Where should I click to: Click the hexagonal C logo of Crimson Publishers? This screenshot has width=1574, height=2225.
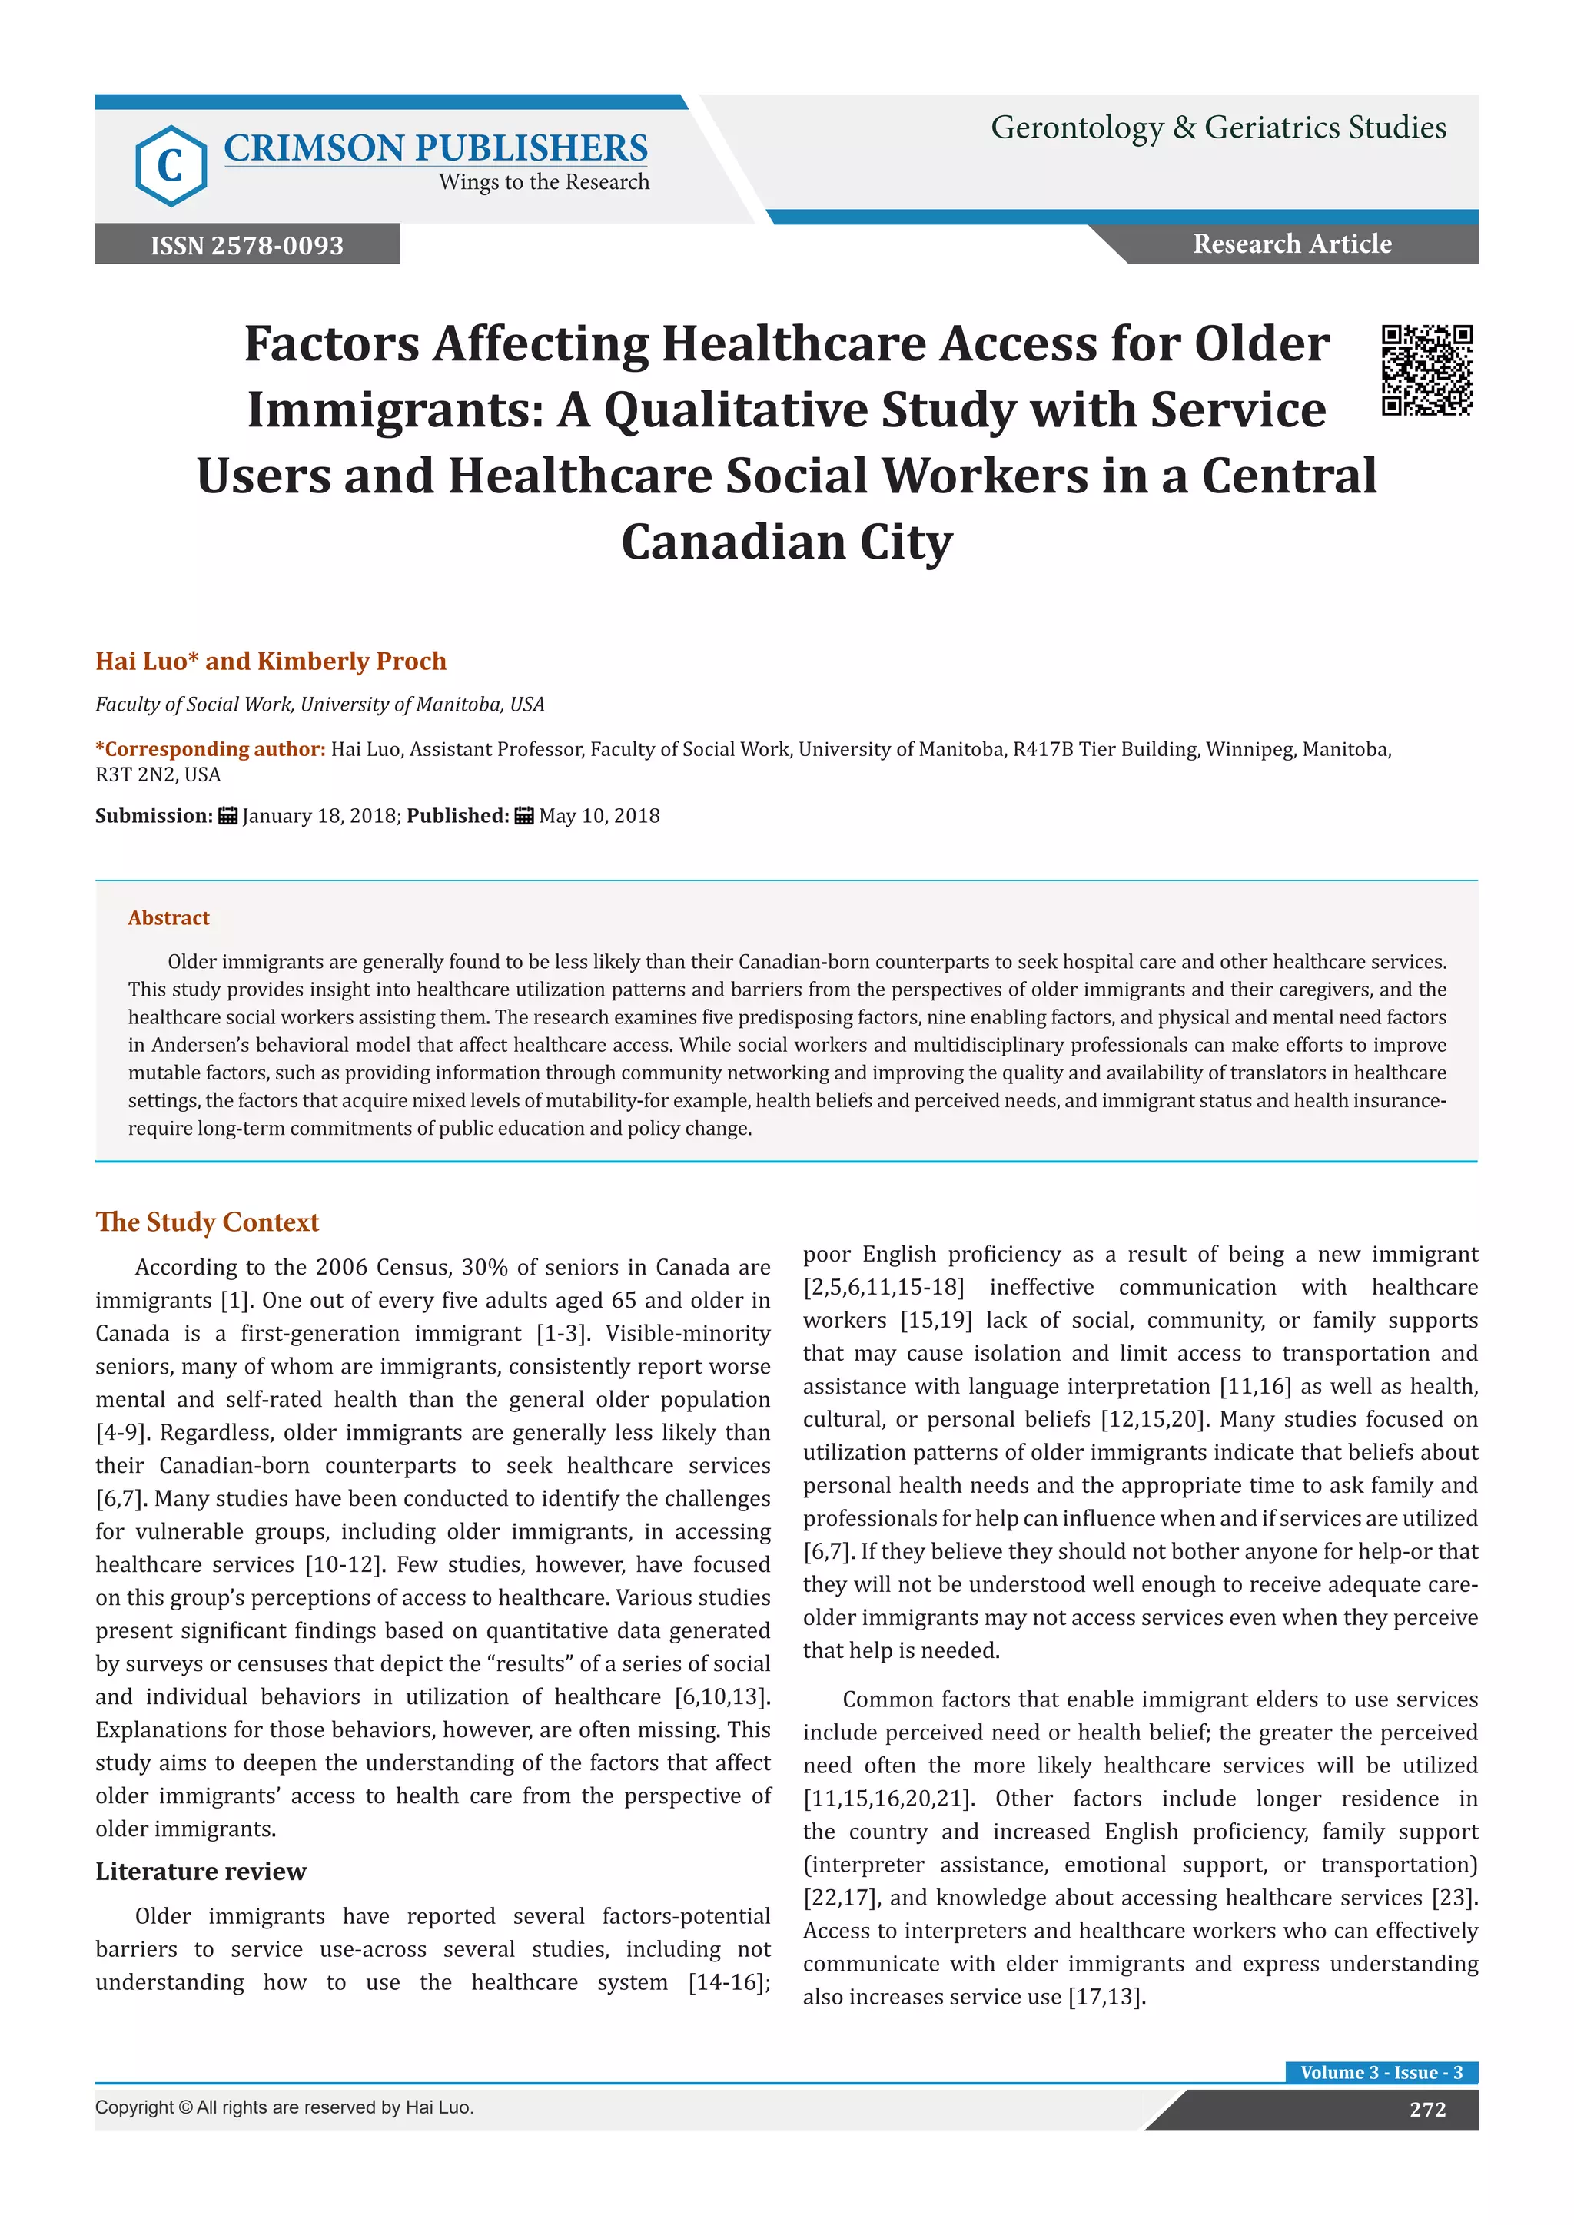pyautogui.click(x=171, y=166)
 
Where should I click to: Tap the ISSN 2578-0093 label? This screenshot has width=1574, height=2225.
pyautogui.click(x=247, y=245)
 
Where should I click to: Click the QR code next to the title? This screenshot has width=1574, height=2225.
pyautogui.click(x=1426, y=370)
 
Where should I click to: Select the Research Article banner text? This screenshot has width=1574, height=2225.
pyautogui.click(x=1291, y=244)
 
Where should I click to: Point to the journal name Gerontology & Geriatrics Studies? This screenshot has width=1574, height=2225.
pyautogui.click(x=1217, y=128)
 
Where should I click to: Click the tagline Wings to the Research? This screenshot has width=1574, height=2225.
pyautogui.click(x=543, y=182)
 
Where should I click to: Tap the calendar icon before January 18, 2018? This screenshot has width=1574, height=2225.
pyautogui.click(x=227, y=816)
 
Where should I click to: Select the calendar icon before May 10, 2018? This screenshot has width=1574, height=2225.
pyautogui.click(x=523, y=816)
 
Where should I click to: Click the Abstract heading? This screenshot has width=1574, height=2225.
pyautogui.click(x=168, y=917)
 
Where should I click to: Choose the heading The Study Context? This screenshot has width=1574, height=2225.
pyautogui.click(x=207, y=1222)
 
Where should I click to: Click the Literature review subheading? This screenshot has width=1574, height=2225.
pyautogui.click(x=201, y=1872)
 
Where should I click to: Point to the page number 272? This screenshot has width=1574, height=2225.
pyautogui.click(x=1426, y=2110)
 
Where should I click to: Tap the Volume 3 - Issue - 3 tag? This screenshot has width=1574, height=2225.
pyautogui.click(x=1380, y=2072)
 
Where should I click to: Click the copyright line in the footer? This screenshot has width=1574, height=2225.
pyautogui.click(x=284, y=2107)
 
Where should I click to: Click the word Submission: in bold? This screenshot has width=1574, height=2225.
pyautogui.click(x=153, y=816)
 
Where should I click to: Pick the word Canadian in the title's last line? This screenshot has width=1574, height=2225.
pyautogui.click(x=732, y=542)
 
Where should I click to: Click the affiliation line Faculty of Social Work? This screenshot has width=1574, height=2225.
pyautogui.click(x=320, y=705)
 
